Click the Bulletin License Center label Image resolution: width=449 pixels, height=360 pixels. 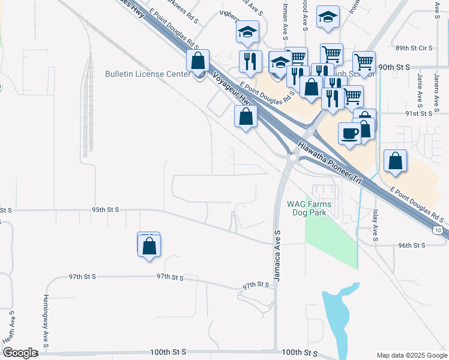(x=148, y=74)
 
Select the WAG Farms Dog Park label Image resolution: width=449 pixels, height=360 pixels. (x=309, y=208)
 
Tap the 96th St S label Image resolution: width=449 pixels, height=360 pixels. (x=411, y=245)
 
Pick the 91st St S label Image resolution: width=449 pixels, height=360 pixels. (x=419, y=113)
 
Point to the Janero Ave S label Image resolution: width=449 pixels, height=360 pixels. (x=420, y=88)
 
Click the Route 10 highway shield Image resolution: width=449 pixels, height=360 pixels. (x=439, y=230)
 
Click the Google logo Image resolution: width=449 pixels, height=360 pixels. (x=20, y=353)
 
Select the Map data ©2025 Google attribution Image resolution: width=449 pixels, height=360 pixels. (x=412, y=355)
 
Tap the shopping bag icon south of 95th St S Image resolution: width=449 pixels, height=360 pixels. (x=149, y=245)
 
